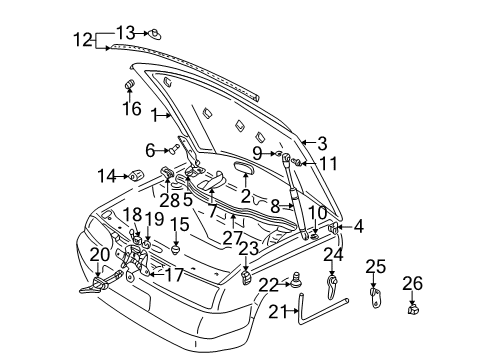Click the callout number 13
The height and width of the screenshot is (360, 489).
click(x=126, y=33)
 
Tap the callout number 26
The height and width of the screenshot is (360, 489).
click(x=412, y=283)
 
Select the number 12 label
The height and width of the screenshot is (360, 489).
click(x=83, y=40)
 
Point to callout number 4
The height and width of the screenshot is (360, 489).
click(x=358, y=227)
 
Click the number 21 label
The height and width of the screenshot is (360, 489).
click(x=278, y=312)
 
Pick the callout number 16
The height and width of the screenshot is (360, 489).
click(x=132, y=109)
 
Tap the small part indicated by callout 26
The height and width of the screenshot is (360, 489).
click(x=413, y=309)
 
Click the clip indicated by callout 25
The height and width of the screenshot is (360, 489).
click(x=375, y=296)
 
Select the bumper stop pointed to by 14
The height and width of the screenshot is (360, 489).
click(x=136, y=175)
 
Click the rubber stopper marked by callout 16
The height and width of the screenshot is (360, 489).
click(x=129, y=84)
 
